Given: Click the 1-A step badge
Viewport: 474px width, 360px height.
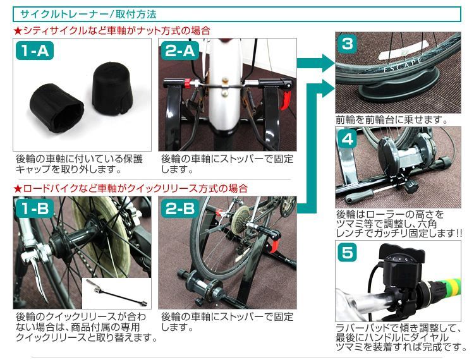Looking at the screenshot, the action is pos(35,51).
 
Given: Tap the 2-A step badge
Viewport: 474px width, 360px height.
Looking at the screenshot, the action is pos(180,51).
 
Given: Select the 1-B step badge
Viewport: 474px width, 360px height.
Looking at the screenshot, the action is pos(35,208).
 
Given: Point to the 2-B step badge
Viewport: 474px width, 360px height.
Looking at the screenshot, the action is pos(180,208).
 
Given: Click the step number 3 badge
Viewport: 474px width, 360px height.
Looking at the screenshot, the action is pos(347,44).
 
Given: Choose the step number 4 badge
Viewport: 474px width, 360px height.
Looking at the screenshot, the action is pos(347,139).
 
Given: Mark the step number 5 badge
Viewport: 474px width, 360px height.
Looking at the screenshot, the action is pos(347,253).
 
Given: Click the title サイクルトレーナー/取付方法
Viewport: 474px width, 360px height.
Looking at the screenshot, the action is pos(88,14).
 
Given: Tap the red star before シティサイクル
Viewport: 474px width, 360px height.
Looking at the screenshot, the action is pos(18,31).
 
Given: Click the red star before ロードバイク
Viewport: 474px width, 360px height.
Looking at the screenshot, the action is pos(18,189).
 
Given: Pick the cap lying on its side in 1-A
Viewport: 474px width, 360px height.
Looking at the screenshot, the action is pos(56,107).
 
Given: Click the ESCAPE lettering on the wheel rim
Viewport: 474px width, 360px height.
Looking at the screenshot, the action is pos(403,64).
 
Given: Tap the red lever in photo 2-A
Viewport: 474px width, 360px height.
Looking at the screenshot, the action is pos(286,99).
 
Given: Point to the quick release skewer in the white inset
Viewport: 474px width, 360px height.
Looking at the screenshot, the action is pos(116,293).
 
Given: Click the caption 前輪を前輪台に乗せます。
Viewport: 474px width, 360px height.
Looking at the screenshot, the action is pos(392,120).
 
